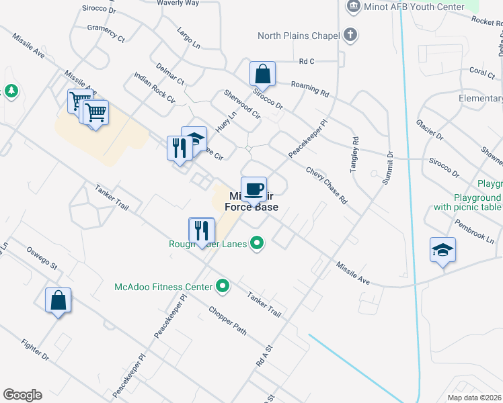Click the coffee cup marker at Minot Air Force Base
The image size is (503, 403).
point(254,189)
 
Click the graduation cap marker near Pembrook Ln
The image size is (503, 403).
point(442,250)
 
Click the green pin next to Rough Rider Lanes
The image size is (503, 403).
point(257,243)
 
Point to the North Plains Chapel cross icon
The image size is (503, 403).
point(350,35)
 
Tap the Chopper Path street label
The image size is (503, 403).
point(227,320)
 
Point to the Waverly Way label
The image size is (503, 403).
point(178,3)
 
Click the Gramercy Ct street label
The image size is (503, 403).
point(106,34)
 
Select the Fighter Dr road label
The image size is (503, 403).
point(35,350)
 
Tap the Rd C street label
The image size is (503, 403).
point(307,61)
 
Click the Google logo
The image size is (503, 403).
point(22,395)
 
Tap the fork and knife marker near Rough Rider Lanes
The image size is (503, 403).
point(201,230)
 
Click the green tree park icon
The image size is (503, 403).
point(10,91)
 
